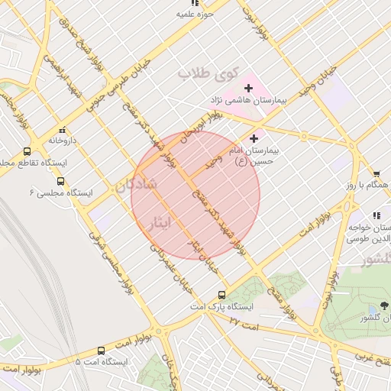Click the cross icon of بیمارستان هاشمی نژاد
point(248,89)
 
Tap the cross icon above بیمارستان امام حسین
point(254,139)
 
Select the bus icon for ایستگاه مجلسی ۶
point(60,182)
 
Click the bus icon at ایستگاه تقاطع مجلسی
point(27,152)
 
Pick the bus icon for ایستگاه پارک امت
point(222,295)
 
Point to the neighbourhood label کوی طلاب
point(204,74)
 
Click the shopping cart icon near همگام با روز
point(376,175)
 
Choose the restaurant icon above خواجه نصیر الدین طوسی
point(376,216)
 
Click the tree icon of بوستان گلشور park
point(383,305)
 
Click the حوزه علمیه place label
point(194,14)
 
